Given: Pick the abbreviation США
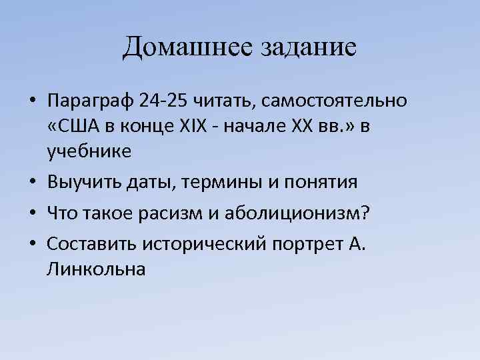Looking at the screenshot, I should coord(75,127).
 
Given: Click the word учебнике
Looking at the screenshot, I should coord(89,152).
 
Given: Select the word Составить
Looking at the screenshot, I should coord(91,243).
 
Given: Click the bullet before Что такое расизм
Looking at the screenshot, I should coord(32,213).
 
